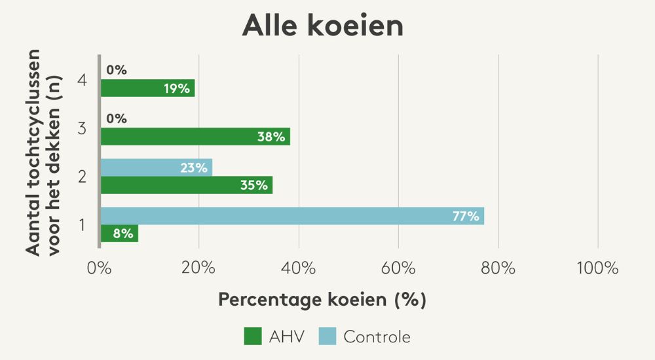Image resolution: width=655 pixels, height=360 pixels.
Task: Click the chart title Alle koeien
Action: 322,26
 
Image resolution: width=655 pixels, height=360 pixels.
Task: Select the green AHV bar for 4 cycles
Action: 147,88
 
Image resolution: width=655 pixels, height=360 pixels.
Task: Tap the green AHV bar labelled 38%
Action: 195,136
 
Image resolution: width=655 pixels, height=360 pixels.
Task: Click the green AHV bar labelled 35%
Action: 186,185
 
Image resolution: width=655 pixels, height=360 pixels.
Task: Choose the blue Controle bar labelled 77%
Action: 291,216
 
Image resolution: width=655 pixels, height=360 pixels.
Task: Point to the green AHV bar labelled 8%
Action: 119,233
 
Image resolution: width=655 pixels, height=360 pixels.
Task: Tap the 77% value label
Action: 466,216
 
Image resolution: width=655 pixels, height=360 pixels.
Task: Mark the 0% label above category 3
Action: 117,119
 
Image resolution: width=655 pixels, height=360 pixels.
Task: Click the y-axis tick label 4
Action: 82,81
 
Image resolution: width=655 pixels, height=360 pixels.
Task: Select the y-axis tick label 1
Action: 82,225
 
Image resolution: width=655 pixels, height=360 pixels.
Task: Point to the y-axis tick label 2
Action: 82,177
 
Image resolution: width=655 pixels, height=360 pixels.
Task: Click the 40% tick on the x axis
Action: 299,268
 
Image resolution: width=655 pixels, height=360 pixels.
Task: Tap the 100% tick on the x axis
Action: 597,268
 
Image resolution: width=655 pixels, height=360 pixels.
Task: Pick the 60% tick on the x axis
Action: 398,268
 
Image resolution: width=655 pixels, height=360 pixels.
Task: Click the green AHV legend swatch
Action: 253,337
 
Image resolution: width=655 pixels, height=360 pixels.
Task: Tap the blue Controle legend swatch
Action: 327,337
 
